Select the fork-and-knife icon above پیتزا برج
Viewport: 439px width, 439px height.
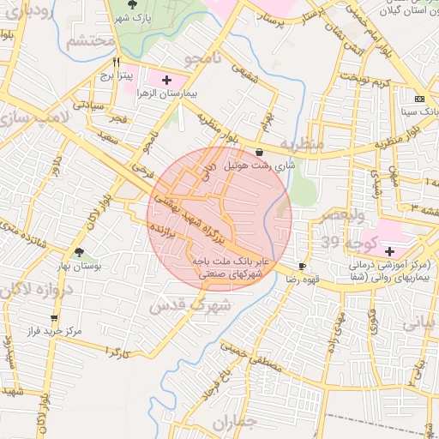[116, 63]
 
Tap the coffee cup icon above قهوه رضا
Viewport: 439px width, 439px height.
[302, 267]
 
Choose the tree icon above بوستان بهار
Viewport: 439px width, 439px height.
[80, 252]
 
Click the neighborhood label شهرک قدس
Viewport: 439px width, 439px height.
[189, 304]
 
